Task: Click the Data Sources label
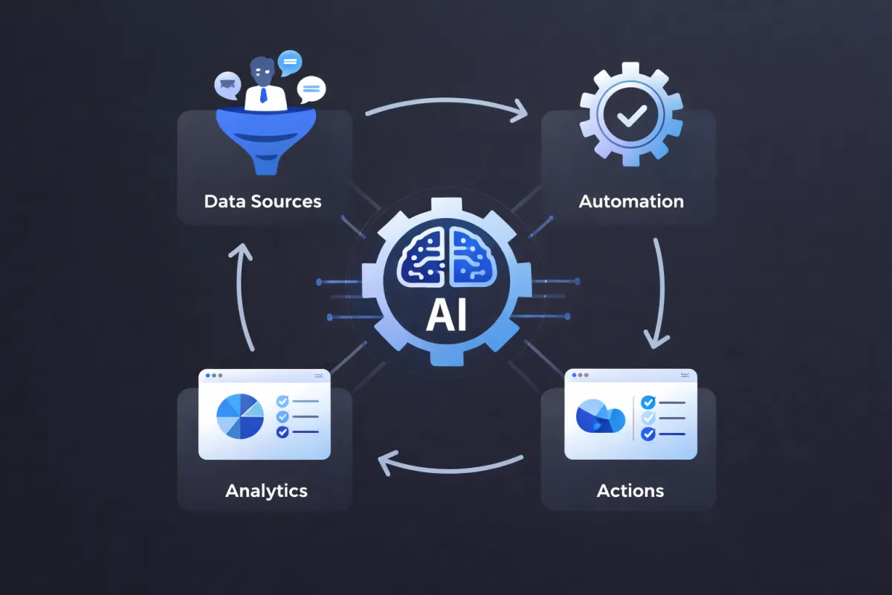pyautogui.click(x=262, y=202)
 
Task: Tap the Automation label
pyautogui.click(x=631, y=202)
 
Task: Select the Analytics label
pyautogui.click(x=266, y=491)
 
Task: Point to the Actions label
pyautogui.click(x=630, y=491)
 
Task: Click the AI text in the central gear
pyautogui.click(x=446, y=315)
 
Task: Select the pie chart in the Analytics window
pyautogui.click(x=239, y=417)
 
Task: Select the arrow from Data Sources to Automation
pyautogui.click(x=446, y=108)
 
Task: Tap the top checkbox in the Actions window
pyautogui.click(x=647, y=402)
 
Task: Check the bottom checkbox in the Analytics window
pyautogui.click(x=282, y=432)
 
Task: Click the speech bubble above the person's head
pyautogui.click(x=290, y=59)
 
